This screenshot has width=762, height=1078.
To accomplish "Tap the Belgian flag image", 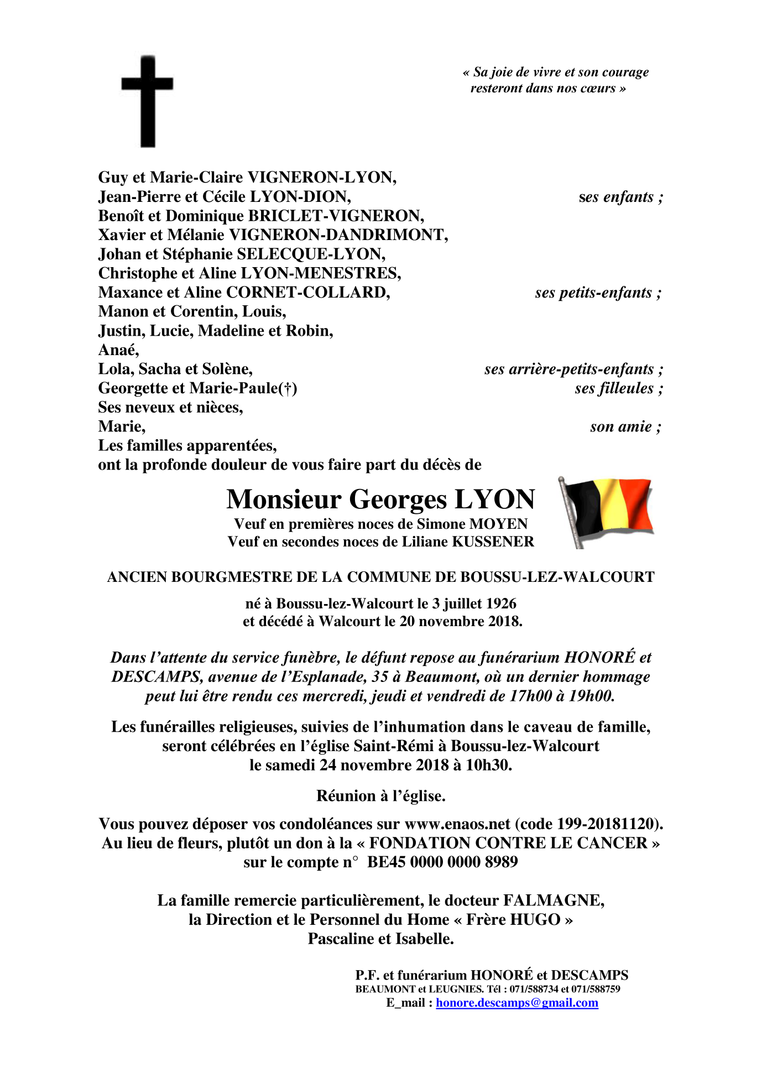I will pyautogui.click(x=607, y=512).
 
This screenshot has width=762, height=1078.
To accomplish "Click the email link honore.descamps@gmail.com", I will pyautogui.click(x=516, y=1003).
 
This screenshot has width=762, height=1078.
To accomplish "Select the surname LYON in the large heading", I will pyautogui.click(x=495, y=499).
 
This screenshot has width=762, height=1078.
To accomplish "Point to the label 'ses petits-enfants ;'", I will pyautogui.click(x=598, y=293).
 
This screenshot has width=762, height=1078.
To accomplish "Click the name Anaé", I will pyautogui.click(x=118, y=350).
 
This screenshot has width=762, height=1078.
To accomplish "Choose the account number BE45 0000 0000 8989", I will pyautogui.click(x=442, y=862).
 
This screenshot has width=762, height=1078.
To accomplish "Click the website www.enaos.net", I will pyautogui.click(x=457, y=824).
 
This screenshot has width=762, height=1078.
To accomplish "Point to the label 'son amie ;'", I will pyautogui.click(x=625, y=427).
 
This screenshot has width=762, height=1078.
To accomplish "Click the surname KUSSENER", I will pyautogui.click(x=493, y=541).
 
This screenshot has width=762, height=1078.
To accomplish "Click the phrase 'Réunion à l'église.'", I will pyautogui.click(x=380, y=796).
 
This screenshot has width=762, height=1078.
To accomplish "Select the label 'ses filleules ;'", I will pyautogui.click(x=618, y=388).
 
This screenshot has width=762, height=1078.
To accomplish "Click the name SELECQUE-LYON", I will pyautogui.click(x=311, y=254).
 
